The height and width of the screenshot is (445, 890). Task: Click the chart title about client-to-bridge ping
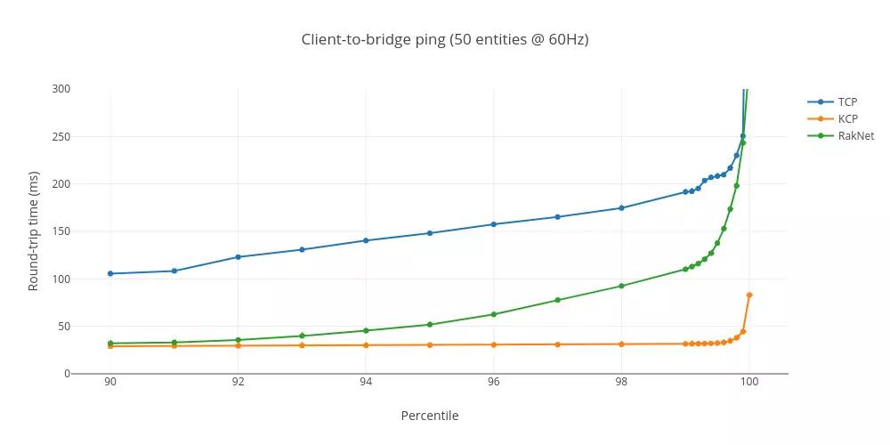pos(445,39)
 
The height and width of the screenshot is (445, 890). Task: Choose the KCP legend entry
pos(847,119)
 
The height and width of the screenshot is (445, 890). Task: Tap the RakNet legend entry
pos(855,136)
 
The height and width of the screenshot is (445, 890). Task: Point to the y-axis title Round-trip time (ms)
pos(34,231)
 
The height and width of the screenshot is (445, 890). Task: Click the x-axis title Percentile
pos(430,416)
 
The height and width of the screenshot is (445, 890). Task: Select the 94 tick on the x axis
pos(366,383)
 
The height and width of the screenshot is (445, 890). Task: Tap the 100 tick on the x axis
pos(749,383)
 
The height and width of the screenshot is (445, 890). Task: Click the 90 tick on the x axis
pos(110,383)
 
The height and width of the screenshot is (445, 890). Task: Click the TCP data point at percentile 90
pos(110,273)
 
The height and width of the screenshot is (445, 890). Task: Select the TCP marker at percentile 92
pos(238,257)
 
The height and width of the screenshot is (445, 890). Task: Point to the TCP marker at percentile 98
pos(621,208)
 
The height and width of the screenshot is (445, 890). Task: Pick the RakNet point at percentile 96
pos(493,314)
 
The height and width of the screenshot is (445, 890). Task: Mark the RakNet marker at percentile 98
pos(621,286)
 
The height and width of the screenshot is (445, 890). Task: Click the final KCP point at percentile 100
pos(749,295)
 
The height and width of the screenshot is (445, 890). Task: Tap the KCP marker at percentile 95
pos(430,344)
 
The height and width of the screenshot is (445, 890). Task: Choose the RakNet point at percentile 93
pos(302,336)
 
